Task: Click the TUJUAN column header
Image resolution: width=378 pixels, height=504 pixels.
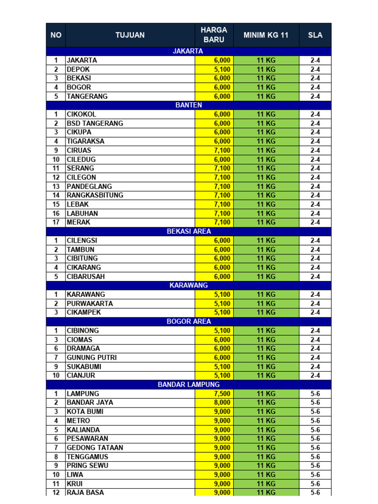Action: pos(130,35)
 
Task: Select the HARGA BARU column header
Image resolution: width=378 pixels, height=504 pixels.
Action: pos(214,35)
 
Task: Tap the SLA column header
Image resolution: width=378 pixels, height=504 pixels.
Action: pos(315,35)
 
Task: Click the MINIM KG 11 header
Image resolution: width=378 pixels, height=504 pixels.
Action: pos(266,35)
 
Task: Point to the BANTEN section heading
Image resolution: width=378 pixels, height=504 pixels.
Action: pos(189,105)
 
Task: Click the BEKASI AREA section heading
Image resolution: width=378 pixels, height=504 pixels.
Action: pos(189,231)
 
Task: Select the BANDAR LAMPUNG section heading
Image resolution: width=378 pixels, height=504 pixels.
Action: pos(189,384)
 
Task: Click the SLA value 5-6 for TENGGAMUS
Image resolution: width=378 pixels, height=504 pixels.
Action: pos(315,457)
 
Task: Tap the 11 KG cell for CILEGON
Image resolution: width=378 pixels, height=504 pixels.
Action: pos(266,177)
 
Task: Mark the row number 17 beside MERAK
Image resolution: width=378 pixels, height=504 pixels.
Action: pos(56,222)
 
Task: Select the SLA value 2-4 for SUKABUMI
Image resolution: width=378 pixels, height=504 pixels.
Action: pos(315,367)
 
